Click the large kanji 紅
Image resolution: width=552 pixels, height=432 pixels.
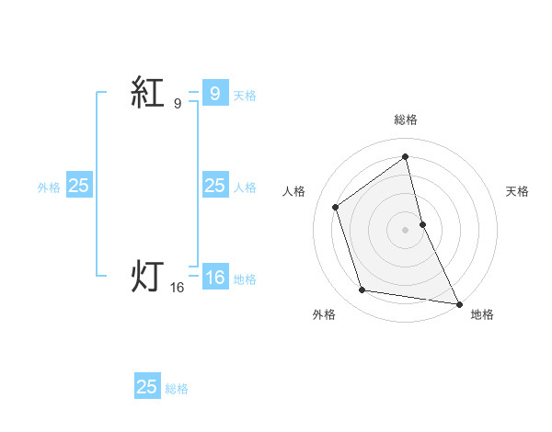[x=147, y=93]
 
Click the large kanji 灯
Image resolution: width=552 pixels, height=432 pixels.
[x=147, y=275]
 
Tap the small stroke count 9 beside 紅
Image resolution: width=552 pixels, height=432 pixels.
[x=177, y=104]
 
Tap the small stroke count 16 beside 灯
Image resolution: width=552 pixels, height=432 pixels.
[x=177, y=288]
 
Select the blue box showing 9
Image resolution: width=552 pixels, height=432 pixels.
[x=214, y=93]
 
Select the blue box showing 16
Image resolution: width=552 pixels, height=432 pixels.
[x=214, y=277]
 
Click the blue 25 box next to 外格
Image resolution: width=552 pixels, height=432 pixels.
[x=78, y=186]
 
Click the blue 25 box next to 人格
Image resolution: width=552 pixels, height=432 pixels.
[x=214, y=186]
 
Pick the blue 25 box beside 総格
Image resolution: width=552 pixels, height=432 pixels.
[x=147, y=387]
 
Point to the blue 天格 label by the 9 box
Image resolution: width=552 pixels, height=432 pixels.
[x=245, y=95]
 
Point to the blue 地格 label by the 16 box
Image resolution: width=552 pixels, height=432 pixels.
[x=245, y=279]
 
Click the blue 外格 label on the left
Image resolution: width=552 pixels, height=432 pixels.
[x=49, y=188]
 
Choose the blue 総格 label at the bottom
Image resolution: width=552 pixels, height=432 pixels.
[x=177, y=389]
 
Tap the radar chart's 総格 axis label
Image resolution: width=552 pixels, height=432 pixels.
[x=406, y=119]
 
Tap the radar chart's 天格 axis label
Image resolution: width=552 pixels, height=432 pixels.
[x=518, y=191]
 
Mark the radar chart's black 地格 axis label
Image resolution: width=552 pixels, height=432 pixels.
[x=482, y=314]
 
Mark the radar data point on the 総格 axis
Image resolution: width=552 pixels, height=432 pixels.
[x=406, y=156]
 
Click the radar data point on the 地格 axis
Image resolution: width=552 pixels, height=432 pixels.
[x=459, y=302]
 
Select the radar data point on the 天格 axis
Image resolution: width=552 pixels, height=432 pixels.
[x=422, y=223]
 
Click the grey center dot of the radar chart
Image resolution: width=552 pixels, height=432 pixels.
[x=406, y=229]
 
